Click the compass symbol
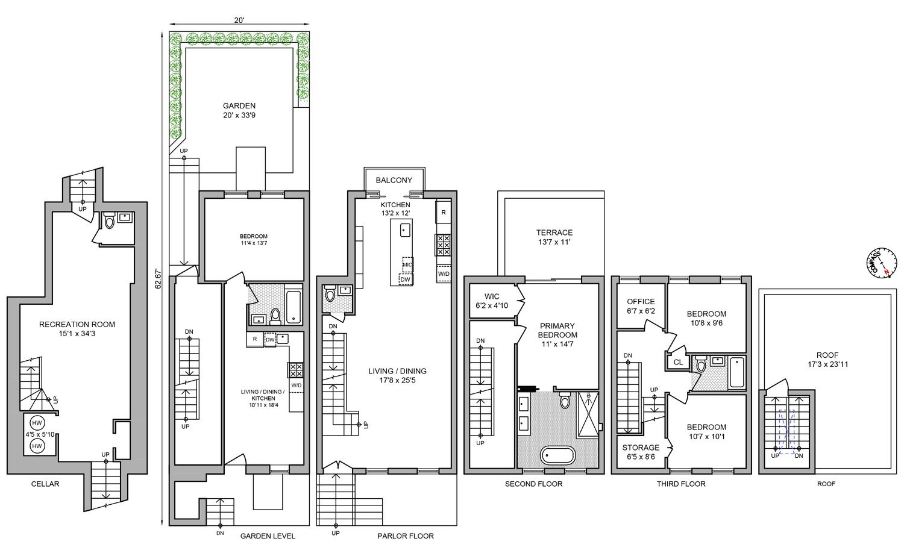(879, 263)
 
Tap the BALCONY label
(394, 180)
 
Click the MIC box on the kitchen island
(407, 264)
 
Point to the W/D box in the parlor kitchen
(444, 273)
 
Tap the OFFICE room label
(641, 302)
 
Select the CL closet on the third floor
(678, 362)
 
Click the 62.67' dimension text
(158, 278)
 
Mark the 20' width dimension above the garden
(239, 20)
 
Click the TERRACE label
(554, 233)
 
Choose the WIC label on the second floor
(492, 296)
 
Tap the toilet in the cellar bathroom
(109, 222)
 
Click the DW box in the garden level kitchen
(270, 339)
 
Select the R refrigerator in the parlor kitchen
(444, 212)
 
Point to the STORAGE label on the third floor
(641, 448)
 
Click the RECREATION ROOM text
(77, 324)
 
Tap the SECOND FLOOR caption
(533, 484)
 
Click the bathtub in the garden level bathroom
(293, 307)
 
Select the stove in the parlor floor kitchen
(443, 245)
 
